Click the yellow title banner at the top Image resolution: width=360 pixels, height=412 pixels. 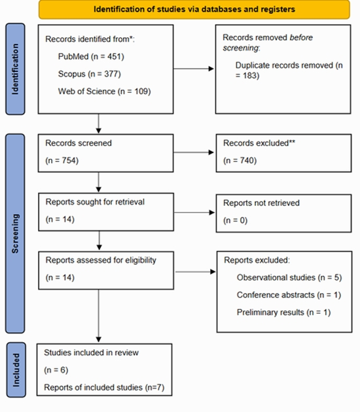pyautogui.click(x=194, y=9)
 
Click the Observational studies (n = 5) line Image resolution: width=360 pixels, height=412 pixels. pyautogui.click(x=289, y=277)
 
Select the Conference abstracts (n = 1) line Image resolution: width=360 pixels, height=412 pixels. pyautogui.click(x=289, y=295)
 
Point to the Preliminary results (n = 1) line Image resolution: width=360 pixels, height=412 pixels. pyautogui.click(x=283, y=313)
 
